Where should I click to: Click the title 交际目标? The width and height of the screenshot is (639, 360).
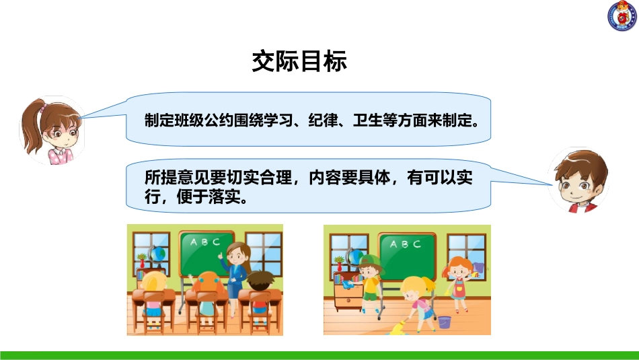pyautogui.click(x=299, y=61)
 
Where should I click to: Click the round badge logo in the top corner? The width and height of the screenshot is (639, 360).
pyautogui.click(x=622, y=16)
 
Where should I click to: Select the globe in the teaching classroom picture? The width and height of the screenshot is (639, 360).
pyautogui.click(x=158, y=254)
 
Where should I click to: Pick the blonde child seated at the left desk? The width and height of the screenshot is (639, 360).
pyautogui.click(x=153, y=293)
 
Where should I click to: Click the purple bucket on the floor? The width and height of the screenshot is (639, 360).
pyautogui.click(x=445, y=322)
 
